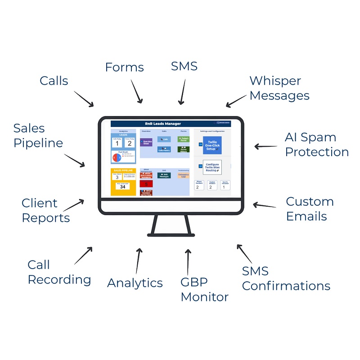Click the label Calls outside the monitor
pos(54,81)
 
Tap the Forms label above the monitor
pos(124,67)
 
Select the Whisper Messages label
pos(279,88)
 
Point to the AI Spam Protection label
pos(317,144)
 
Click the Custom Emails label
pos(310,209)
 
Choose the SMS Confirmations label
pos(286,279)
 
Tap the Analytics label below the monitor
pos(135,283)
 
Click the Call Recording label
pos(59,272)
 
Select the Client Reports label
pos(45,211)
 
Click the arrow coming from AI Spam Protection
pos(265,146)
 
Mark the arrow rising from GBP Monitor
pos(187,261)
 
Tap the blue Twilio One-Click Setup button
pos(212,145)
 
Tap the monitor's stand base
pos(171,234)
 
